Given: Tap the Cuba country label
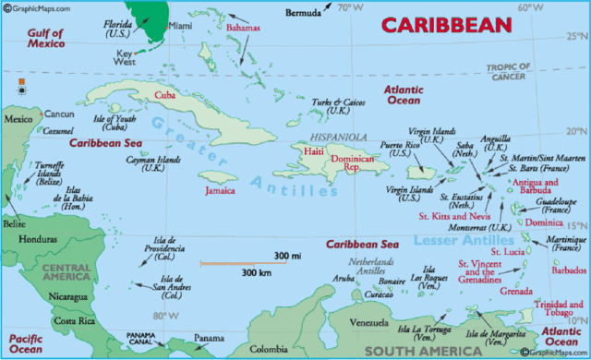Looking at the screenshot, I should point(165,95).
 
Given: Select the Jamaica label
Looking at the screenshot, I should point(219,191).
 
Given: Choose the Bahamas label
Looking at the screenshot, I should point(244,29).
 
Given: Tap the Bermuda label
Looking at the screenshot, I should point(302,13).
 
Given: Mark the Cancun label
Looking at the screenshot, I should point(58,114).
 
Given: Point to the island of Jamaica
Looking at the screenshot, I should point(220,175).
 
